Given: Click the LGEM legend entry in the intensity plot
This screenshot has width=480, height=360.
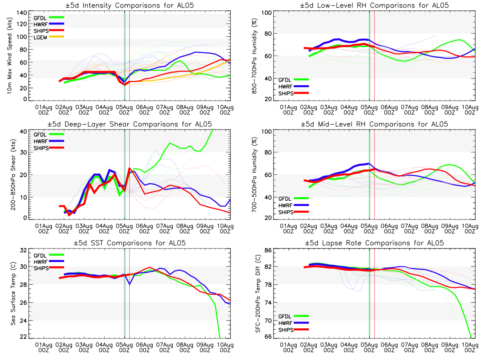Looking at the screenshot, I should pos(42,37).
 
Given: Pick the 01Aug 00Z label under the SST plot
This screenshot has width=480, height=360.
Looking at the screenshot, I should pos(44,346).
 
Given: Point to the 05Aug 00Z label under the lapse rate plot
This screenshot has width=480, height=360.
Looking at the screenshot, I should pos(369,346).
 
